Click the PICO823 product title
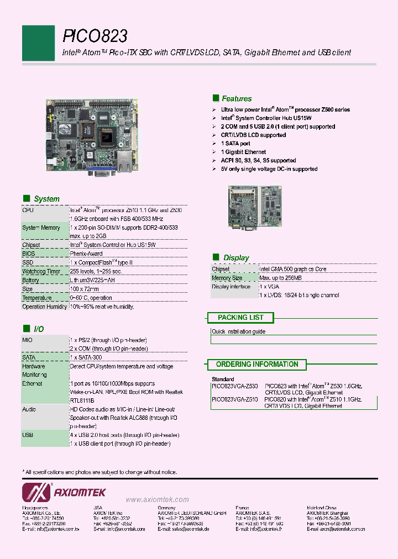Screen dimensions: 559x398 95,36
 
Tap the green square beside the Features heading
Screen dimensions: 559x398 216,98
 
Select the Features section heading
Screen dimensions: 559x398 237,99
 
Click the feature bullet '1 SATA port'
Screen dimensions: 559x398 235,144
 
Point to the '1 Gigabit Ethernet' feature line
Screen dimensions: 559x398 243,152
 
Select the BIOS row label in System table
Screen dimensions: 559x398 28,254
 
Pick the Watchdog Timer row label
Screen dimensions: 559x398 41,271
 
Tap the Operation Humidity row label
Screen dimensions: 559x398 44,307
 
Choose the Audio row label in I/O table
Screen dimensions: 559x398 29,409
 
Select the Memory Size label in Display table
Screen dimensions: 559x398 227,278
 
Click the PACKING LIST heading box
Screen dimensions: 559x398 240,318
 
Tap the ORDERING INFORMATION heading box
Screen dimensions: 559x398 256,365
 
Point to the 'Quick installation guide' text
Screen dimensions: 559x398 238,331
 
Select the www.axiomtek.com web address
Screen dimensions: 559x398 157,499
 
